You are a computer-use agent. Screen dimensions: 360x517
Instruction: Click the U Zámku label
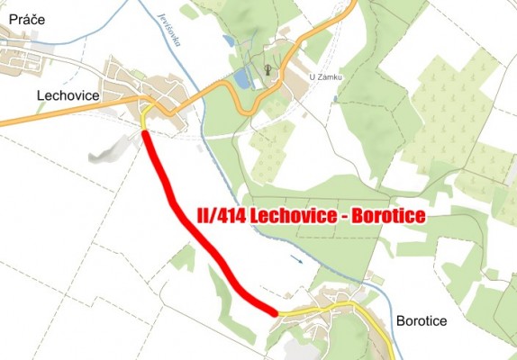[x=326, y=78]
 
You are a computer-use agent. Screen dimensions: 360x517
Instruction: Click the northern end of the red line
[x=146, y=134]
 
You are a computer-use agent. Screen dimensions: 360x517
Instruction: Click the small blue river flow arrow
[x=298, y=261]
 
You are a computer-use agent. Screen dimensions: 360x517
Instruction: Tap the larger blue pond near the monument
[x=241, y=79]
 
